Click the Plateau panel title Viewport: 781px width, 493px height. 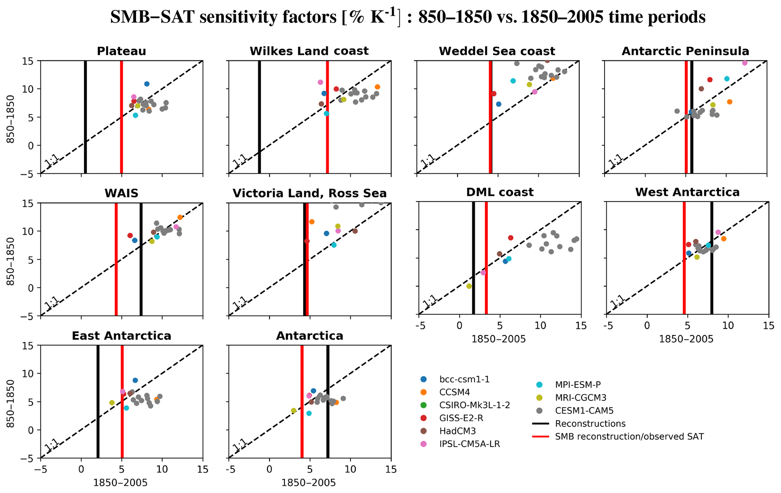[x=121, y=51]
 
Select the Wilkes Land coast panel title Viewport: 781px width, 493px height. [x=309, y=51]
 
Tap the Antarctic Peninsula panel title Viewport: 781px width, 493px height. [x=685, y=51]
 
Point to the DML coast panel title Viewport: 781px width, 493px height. [x=500, y=192]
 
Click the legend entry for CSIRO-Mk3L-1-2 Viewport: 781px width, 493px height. [x=475, y=405]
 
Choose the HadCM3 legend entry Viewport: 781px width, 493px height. [x=457, y=431]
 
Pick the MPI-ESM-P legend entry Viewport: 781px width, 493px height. [x=577, y=385]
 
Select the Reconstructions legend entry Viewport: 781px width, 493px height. [x=590, y=423]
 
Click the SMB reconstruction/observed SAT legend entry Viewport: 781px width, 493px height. [x=629, y=437]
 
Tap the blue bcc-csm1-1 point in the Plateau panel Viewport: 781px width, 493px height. [x=147, y=84]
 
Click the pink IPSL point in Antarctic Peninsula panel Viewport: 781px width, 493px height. [x=745, y=63]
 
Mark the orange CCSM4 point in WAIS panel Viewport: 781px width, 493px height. [x=180, y=217]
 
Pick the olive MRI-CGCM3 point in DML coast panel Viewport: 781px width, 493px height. [x=469, y=286]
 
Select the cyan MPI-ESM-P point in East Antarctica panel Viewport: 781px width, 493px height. [x=127, y=408]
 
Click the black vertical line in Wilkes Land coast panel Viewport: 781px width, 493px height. [x=259, y=117]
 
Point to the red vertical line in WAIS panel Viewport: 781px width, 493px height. [x=116, y=259]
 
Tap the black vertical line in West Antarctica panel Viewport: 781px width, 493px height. [x=711, y=259]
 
